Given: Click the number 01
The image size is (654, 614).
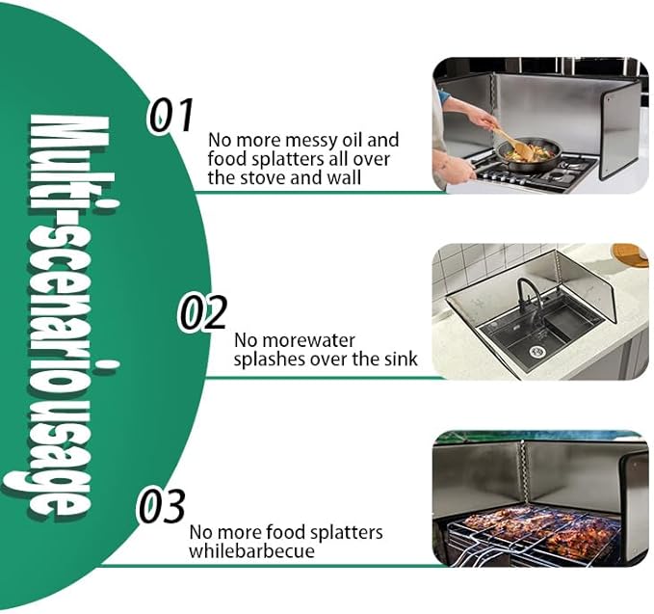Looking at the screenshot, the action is tap(171, 116).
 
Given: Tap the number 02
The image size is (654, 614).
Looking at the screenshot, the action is tap(202, 311).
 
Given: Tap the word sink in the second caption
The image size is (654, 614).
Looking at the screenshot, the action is tap(401, 359).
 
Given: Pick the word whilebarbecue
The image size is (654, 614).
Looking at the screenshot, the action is tap(251, 551).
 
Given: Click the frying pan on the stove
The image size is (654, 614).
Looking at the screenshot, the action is tap(528, 152).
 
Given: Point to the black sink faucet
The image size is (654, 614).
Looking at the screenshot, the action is tap(530, 295).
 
